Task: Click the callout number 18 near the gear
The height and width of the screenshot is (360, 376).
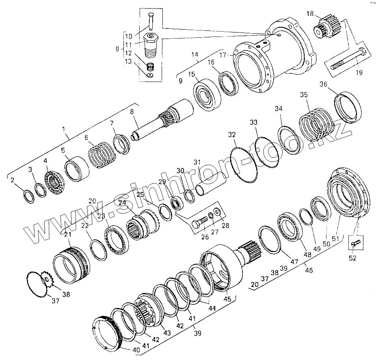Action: [310, 14]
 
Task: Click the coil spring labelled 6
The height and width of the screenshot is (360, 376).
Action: [100, 155]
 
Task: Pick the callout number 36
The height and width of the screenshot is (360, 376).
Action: [323, 84]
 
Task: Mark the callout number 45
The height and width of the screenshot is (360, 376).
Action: [228, 299]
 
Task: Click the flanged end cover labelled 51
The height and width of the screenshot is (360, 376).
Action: [348, 191]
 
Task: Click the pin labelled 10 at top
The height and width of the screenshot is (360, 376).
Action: [151, 21]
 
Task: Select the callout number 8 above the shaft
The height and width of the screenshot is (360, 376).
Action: [132, 112]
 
